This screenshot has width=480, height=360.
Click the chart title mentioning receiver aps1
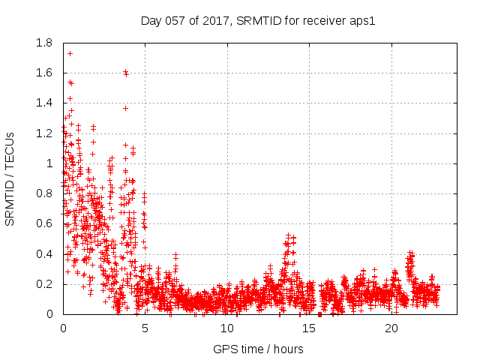pos(257,20)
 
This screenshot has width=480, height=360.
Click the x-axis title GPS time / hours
pos(258,349)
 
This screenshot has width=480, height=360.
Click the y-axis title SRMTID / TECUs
pos(10,178)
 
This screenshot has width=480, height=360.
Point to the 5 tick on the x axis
pos(145,328)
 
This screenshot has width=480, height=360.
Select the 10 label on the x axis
pos(227,328)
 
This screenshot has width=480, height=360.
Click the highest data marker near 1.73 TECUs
pos(70,53)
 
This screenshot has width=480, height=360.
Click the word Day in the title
pos(151,20)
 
